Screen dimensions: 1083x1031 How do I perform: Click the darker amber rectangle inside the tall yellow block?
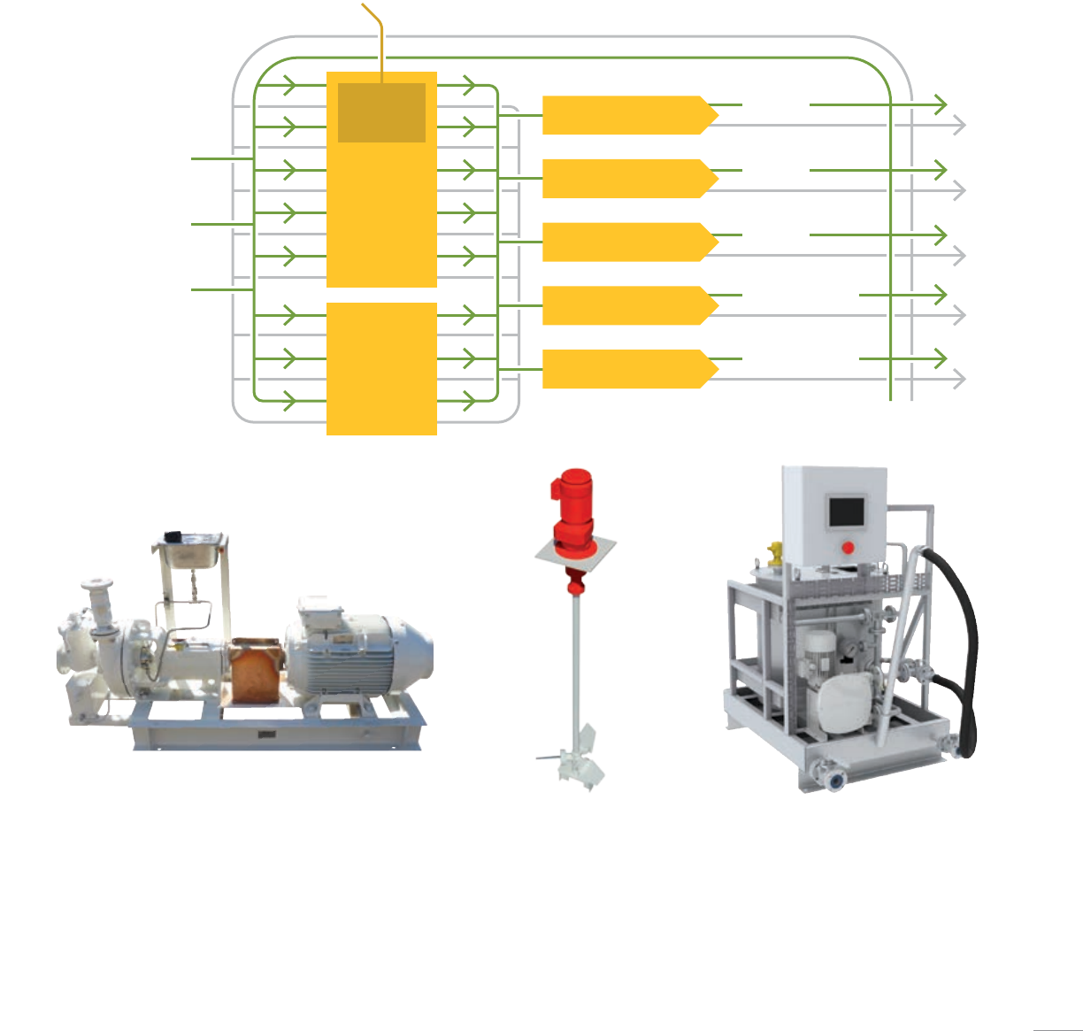click(x=381, y=112)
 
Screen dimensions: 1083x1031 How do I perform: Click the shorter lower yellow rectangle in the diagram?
click(x=381, y=368)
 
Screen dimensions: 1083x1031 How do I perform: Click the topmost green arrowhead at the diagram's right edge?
click(x=941, y=104)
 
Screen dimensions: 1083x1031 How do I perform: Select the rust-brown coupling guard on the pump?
click(x=256, y=673)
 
